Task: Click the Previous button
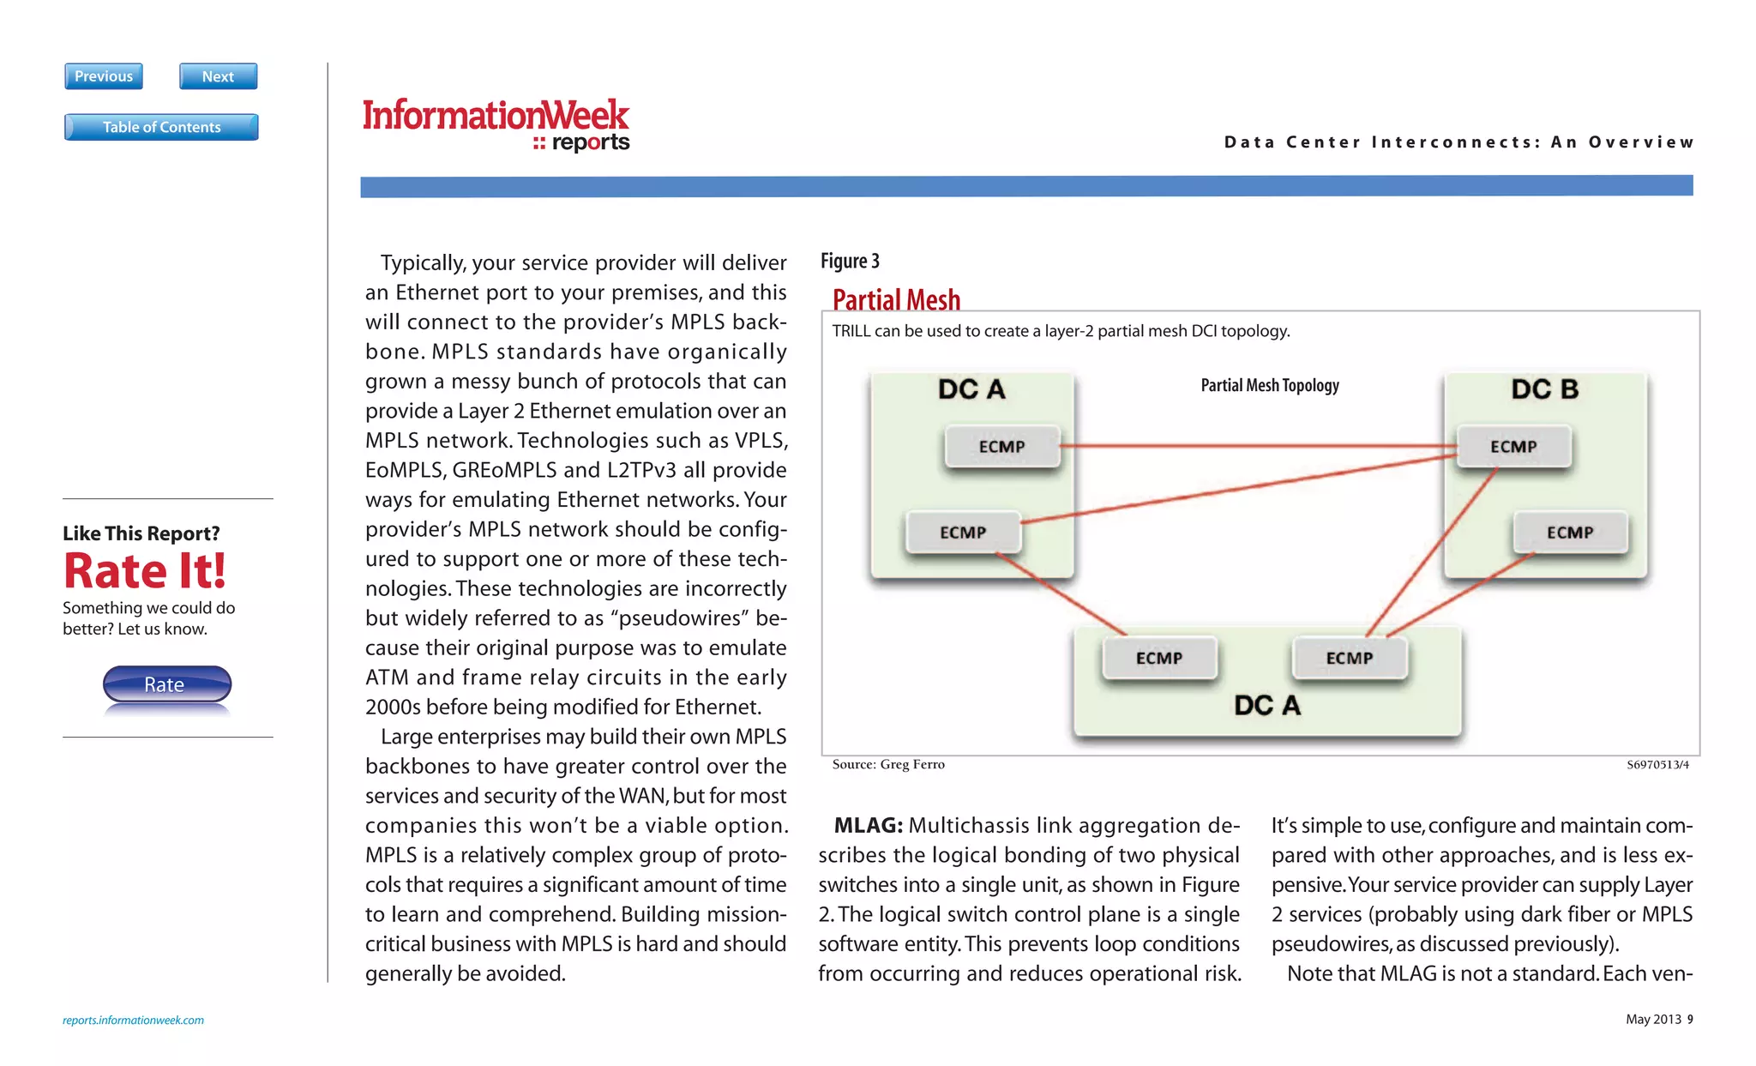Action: (104, 76)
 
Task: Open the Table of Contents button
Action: (161, 127)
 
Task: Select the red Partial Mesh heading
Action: (896, 299)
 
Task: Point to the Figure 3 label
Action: (850, 261)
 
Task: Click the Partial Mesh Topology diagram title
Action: (1269, 386)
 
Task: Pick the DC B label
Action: (1544, 389)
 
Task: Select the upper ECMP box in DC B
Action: (1513, 446)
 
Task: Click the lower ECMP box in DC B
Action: (1569, 533)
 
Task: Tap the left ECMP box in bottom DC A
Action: (1158, 658)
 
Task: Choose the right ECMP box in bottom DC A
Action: (1349, 658)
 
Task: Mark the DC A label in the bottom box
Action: (1266, 706)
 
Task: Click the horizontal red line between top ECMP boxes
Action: (1259, 446)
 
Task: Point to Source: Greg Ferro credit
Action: (888, 764)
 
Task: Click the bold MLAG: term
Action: (868, 825)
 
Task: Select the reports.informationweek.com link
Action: (133, 1020)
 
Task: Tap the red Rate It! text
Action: (145, 571)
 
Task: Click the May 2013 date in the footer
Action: (1653, 1019)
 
